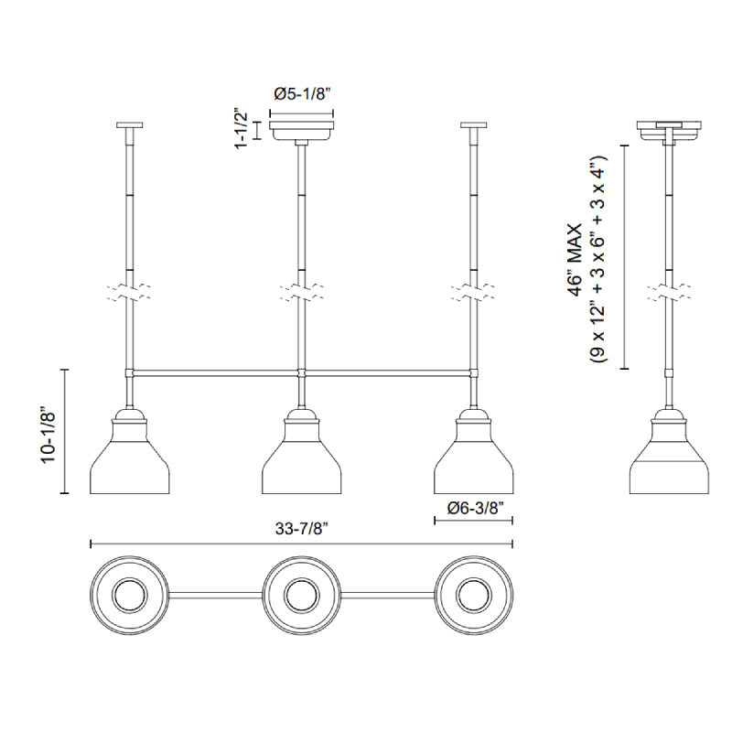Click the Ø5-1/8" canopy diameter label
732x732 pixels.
pos(302,94)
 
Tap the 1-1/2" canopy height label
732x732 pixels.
pos(242,131)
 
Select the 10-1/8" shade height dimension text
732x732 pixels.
pos(48,437)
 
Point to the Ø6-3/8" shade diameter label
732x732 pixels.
pos(476,509)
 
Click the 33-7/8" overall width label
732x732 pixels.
pos(302,529)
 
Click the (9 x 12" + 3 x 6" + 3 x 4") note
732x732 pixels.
pos(598,260)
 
